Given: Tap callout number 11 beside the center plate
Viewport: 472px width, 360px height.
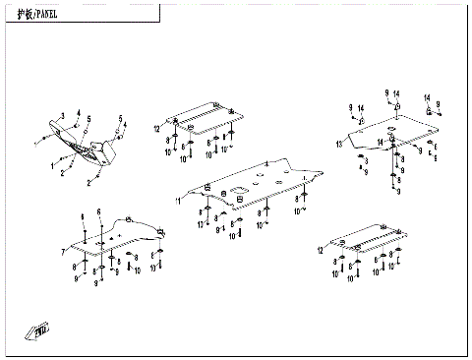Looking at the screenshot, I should point(179,201).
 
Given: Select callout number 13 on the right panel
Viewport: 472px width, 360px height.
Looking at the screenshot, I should point(338,145).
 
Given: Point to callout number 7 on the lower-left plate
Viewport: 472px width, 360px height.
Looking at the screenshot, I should point(63,252).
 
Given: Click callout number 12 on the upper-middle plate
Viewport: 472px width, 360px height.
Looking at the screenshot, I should point(155,129).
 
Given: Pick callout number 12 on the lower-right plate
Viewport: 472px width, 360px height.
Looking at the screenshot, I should point(321,252).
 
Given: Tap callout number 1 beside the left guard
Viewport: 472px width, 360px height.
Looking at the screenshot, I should point(53,167).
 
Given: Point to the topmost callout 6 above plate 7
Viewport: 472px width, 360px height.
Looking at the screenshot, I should point(98,212).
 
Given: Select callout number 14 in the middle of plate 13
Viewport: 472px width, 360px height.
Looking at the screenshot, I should point(381,143).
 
